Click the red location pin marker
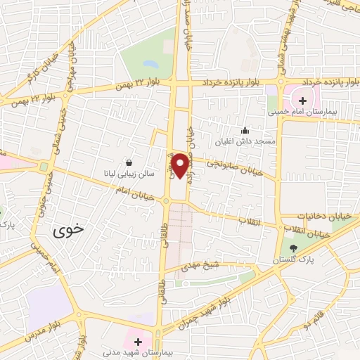[x=181, y=165]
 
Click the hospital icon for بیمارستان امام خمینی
[x=303, y=101]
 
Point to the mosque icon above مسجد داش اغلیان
[x=245, y=130]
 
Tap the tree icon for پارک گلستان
[x=293, y=247]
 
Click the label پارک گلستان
[x=293, y=260]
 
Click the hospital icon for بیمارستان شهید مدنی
[x=139, y=342]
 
